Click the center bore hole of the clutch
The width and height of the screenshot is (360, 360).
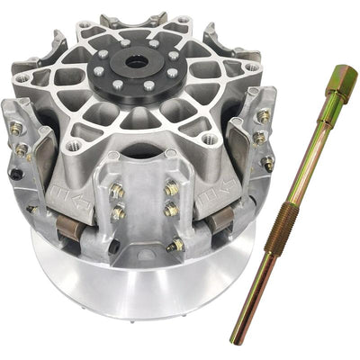[x=139, y=65]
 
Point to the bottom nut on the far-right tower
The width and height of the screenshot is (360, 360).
[x=266, y=164]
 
